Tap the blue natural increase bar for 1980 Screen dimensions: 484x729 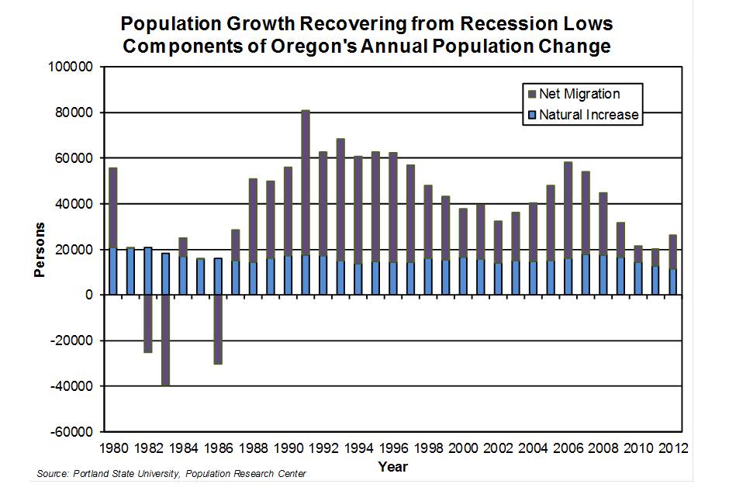tap(112, 271)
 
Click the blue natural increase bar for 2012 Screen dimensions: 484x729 tap(673, 282)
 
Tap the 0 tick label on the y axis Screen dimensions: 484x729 tap(90, 296)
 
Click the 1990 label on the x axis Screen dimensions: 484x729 tap(287, 448)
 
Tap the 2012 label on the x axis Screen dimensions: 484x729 tap(672, 448)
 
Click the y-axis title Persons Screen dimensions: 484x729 tap(40, 250)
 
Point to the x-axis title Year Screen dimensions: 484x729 tap(393, 467)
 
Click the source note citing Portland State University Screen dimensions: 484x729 tap(171, 473)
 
